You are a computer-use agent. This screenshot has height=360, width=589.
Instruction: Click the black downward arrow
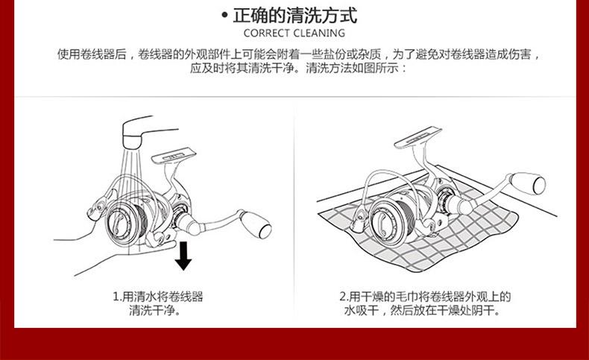[183, 256]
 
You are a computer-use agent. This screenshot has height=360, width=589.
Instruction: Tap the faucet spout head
[132, 141]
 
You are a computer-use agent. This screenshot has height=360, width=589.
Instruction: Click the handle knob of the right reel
[527, 183]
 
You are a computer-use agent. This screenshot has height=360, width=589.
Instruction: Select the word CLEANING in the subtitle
[319, 34]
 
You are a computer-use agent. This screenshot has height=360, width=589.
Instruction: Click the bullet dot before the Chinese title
[224, 16]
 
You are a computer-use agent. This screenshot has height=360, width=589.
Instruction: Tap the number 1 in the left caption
[116, 297]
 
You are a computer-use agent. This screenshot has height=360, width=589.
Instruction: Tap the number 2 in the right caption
[343, 297]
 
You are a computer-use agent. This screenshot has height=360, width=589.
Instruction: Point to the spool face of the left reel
[119, 224]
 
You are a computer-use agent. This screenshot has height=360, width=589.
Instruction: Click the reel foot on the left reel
[174, 155]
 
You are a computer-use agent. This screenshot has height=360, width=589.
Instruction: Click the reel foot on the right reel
[418, 138]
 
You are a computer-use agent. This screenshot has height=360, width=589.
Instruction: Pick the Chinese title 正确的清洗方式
[295, 16]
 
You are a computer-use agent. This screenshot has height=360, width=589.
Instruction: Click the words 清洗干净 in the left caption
[152, 311]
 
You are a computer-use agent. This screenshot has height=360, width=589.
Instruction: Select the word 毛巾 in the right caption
[406, 297]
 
